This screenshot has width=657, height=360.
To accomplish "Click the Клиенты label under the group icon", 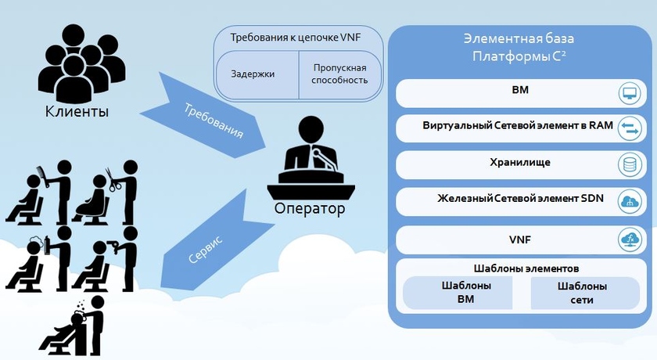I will pos(76,112).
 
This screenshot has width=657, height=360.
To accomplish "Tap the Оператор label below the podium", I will pos(309,210).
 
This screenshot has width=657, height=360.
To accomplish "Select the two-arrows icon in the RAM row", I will pos(629,129).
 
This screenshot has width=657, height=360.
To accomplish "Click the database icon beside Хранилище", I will pos(629,164).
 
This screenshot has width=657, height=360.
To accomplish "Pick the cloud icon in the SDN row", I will pos(629,201).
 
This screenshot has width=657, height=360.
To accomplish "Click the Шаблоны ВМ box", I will pos(458,293).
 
